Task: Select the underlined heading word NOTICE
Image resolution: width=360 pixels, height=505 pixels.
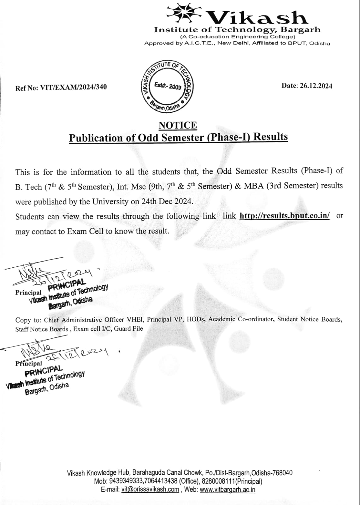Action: [x=178, y=125]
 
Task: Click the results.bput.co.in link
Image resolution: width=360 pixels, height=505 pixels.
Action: [x=285, y=216]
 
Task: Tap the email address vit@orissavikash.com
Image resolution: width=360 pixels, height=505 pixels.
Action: [x=150, y=490]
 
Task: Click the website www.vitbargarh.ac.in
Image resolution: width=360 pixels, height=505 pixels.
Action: [x=227, y=490]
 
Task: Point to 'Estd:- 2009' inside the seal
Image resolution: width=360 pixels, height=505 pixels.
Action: [x=168, y=86]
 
